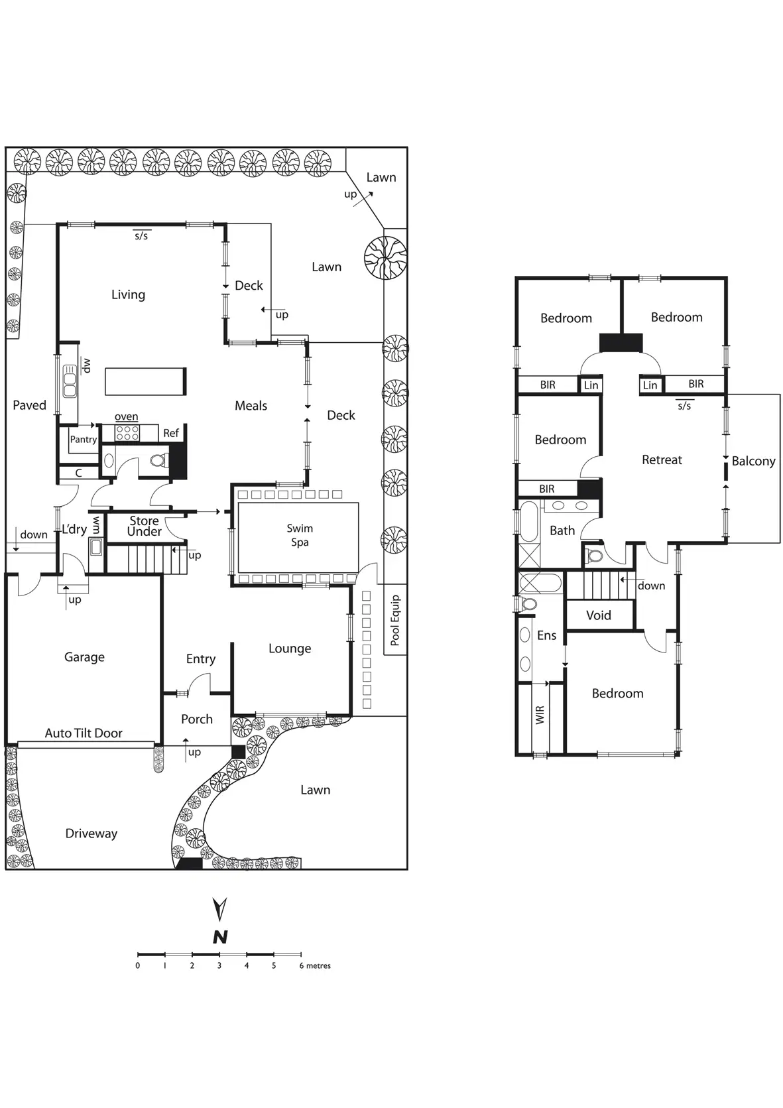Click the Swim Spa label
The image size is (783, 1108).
click(300, 535)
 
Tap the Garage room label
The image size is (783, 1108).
click(84, 657)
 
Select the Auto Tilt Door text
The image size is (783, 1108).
click(84, 733)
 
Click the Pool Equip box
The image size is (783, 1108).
click(395, 620)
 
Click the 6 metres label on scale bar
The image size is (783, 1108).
click(315, 966)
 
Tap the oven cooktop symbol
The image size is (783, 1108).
click(127, 434)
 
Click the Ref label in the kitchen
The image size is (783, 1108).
click(171, 434)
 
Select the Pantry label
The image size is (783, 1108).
click(84, 440)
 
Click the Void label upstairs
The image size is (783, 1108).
click(599, 615)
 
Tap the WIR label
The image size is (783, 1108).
click(540, 715)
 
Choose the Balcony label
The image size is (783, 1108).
click(753, 462)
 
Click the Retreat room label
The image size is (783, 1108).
click(662, 460)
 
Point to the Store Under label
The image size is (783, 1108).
click(145, 526)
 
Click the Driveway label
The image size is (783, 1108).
click(91, 834)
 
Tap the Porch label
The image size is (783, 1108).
click(197, 719)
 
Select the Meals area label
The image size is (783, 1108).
click(251, 406)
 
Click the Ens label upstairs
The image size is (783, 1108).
click(547, 636)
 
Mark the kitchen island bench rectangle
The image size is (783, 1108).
click(145, 381)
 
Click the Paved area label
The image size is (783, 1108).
click(30, 405)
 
